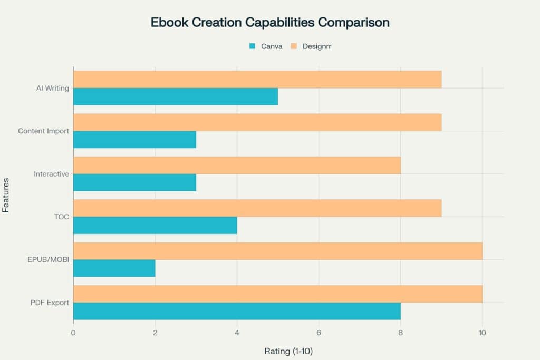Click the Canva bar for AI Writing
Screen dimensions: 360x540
click(175, 96)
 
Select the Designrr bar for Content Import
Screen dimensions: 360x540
click(257, 122)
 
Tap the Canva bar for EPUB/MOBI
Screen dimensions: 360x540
click(114, 268)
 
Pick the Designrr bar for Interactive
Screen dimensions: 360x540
click(237, 165)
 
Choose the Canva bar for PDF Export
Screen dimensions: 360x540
click(237, 311)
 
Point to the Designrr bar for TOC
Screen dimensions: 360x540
click(257, 208)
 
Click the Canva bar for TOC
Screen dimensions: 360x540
click(155, 225)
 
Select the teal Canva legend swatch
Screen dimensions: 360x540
click(252, 46)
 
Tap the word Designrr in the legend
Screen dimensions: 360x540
click(316, 46)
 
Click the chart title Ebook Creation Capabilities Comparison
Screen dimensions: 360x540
click(270, 23)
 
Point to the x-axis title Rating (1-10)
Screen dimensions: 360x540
click(288, 351)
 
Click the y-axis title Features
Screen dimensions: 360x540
click(6, 194)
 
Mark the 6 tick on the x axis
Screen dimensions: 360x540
click(319, 333)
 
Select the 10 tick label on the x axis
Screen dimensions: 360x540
click(481, 333)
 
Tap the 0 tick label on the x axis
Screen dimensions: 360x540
click(73, 333)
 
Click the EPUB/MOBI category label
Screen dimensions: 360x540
click(49, 259)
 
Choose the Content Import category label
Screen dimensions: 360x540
click(43, 131)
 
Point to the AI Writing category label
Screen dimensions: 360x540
click(52, 88)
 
